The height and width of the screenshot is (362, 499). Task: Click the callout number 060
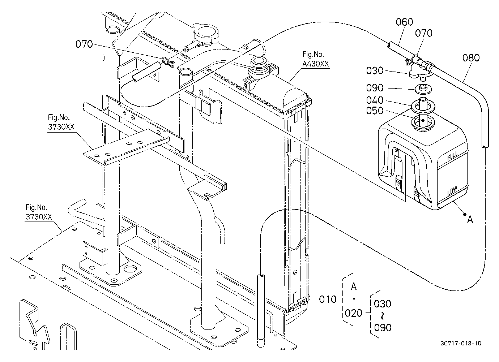click(404, 22)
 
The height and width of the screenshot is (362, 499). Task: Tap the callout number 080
click(471, 58)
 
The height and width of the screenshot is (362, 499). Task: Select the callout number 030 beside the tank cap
click(375, 71)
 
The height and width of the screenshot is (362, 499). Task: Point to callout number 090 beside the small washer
click(375, 88)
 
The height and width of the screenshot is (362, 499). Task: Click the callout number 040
click(375, 100)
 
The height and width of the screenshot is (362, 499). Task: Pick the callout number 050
click(375, 111)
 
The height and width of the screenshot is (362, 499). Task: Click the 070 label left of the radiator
click(84, 44)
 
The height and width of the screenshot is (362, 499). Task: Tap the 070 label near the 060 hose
click(424, 33)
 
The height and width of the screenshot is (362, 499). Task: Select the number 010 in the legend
click(328, 299)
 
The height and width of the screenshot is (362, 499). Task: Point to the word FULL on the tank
click(453, 156)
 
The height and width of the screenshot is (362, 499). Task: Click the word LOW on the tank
click(452, 190)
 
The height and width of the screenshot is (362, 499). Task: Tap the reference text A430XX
click(315, 64)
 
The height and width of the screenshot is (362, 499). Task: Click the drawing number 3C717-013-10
click(461, 343)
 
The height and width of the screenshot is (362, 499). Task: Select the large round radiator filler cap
click(206, 33)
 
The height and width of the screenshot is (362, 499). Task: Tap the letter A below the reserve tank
click(470, 220)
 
